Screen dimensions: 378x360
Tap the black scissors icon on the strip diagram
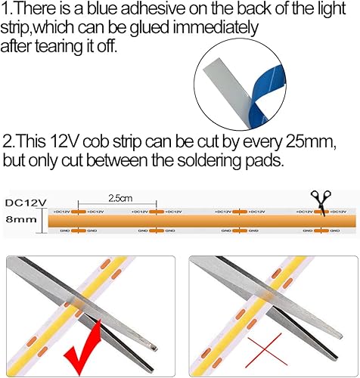point(323,202)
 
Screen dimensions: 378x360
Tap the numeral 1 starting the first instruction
point(5,9)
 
